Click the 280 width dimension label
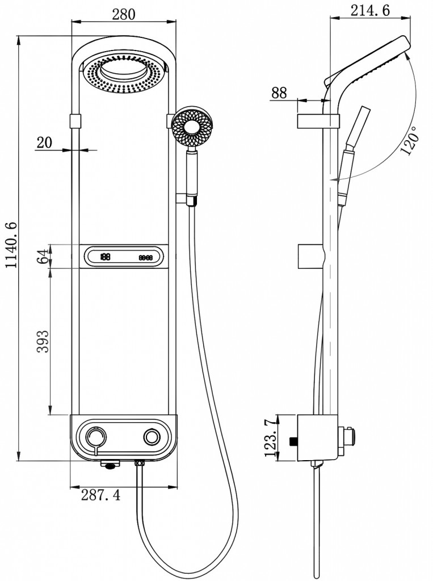[x=123, y=15]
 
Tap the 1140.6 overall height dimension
[x=10, y=250]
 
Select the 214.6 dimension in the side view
[x=371, y=11]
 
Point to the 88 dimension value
[x=278, y=93]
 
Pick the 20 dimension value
[x=44, y=142]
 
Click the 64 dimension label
[x=42, y=256]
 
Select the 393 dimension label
[x=42, y=341]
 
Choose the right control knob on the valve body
[x=152, y=437]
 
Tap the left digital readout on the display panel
[x=106, y=256]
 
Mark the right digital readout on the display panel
[x=146, y=257]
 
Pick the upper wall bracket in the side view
[x=317, y=120]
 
